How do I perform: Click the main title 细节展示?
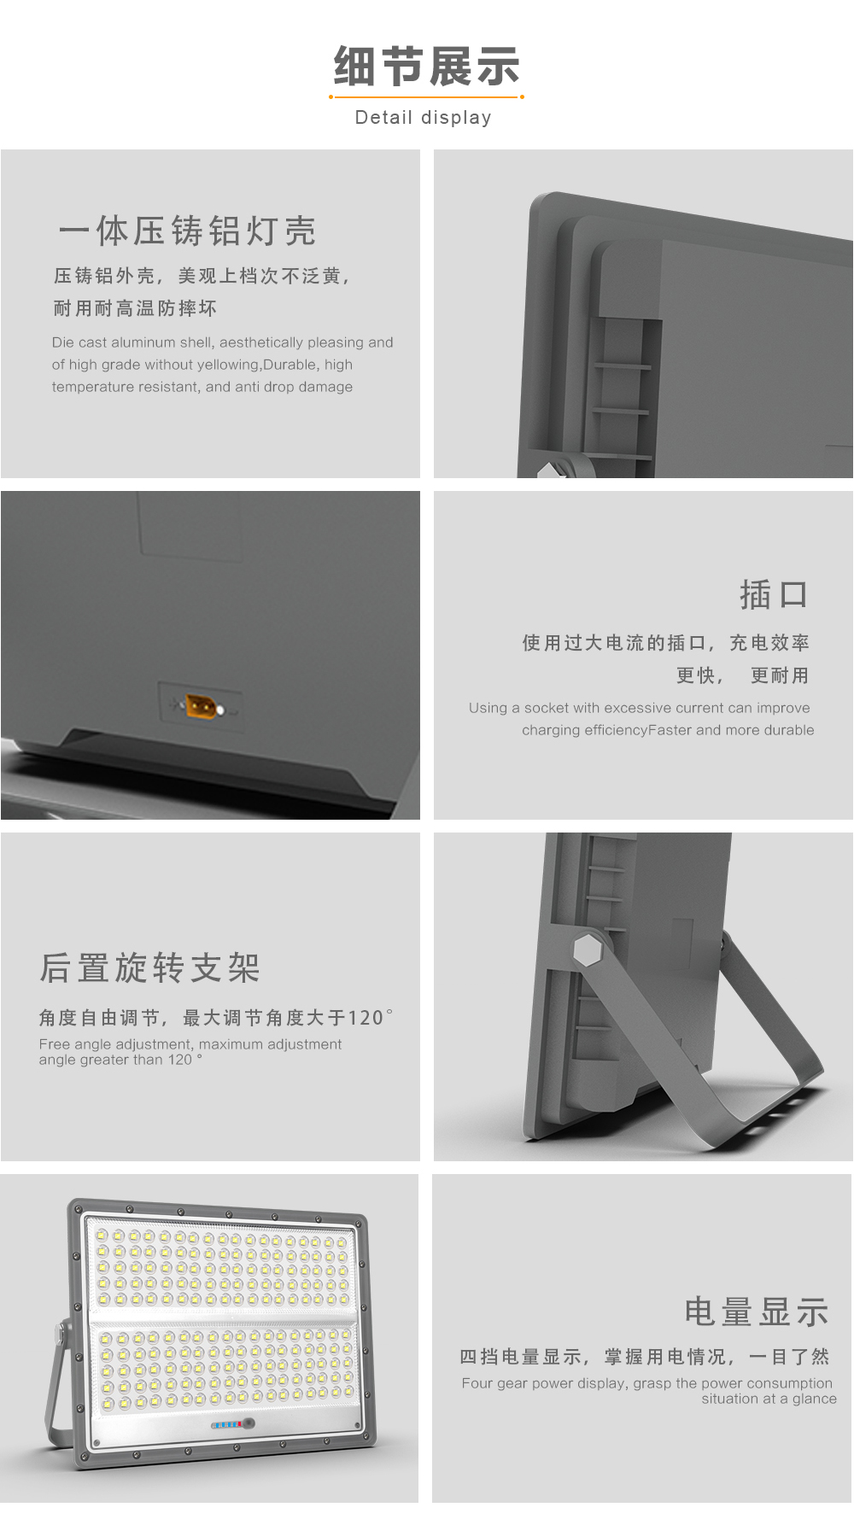[x=426, y=67]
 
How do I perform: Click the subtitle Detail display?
[x=424, y=118]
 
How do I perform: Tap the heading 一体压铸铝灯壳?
[x=188, y=231]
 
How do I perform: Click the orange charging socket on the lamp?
[x=202, y=706]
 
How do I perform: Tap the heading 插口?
[x=774, y=594]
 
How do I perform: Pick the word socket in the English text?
[x=547, y=708]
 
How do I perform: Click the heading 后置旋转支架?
[x=149, y=967]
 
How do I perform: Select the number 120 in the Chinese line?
[x=366, y=1018]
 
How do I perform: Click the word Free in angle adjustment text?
[x=55, y=1044]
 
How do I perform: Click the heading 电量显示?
[x=757, y=1312]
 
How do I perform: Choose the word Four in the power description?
[x=477, y=1383]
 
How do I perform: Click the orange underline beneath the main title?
[x=426, y=97]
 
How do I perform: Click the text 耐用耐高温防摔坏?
[x=135, y=308]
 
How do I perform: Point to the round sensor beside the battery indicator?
[x=249, y=1423]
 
